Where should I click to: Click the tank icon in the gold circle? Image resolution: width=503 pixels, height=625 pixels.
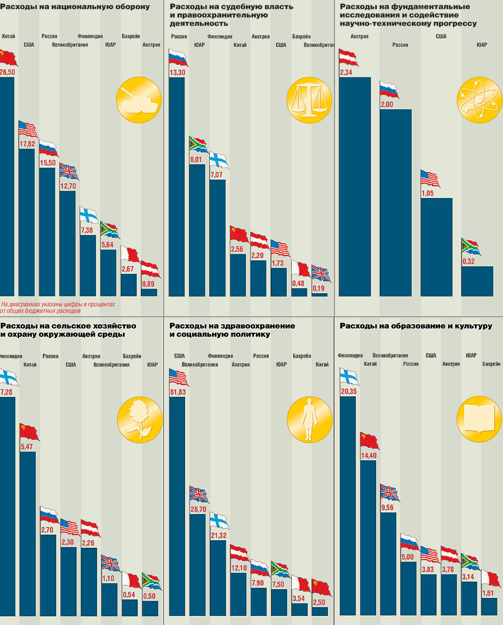click(x=139, y=100)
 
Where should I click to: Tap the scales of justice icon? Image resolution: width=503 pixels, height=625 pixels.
click(x=309, y=100)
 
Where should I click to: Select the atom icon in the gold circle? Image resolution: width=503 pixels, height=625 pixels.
click(x=479, y=100)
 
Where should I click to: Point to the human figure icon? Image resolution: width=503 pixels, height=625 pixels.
click(x=309, y=420)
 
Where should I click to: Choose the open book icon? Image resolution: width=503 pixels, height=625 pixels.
click(x=479, y=420)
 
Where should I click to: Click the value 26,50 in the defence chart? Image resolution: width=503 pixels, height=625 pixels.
click(x=7, y=72)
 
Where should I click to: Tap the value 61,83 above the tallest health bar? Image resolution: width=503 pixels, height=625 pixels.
click(x=178, y=392)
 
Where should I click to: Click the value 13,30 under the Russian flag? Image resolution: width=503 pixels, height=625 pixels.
click(x=177, y=73)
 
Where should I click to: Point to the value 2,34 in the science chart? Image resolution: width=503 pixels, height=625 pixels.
click(x=346, y=73)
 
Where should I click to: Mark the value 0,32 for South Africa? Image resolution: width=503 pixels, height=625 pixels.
click(x=468, y=262)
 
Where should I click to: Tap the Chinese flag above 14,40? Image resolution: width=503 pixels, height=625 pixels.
click(x=370, y=441)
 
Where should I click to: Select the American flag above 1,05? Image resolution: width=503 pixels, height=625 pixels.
click(x=430, y=179)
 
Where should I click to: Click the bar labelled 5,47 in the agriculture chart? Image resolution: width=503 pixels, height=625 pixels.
click(x=28, y=533)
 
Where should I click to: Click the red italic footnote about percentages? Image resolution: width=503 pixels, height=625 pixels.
click(x=58, y=307)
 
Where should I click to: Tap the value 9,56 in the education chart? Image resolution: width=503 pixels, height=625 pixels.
click(x=387, y=508)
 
